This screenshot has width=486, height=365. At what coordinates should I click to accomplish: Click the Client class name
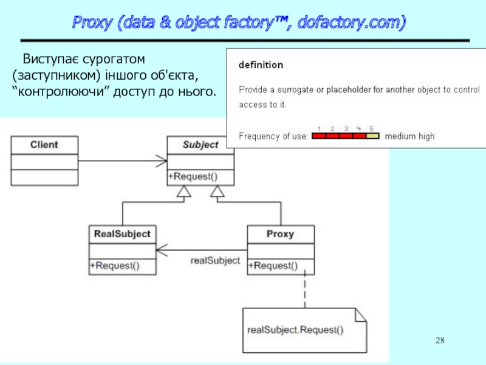(x=44, y=145)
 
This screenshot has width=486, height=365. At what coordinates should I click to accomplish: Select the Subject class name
(x=200, y=145)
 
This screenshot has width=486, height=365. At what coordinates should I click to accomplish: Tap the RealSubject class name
(x=122, y=234)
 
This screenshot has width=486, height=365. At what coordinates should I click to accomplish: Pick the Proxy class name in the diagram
(x=280, y=234)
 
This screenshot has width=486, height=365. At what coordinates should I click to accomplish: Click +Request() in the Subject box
(x=193, y=176)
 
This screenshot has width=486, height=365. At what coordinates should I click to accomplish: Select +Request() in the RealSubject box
(x=115, y=266)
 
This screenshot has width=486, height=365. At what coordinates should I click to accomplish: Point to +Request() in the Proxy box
(x=273, y=266)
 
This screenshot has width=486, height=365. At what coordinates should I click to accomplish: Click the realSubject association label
(x=215, y=260)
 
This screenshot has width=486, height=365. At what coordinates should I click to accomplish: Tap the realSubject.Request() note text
(x=295, y=330)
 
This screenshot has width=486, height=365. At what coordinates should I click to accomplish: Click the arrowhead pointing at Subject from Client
(x=162, y=161)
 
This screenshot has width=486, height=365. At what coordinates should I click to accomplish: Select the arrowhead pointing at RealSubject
(x=162, y=250)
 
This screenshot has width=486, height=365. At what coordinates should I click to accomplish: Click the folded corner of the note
(x=361, y=315)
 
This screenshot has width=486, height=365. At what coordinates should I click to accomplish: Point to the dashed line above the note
(x=305, y=288)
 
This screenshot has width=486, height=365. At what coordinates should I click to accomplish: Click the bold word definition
(x=261, y=65)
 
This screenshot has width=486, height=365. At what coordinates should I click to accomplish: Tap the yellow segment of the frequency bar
(x=372, y=136)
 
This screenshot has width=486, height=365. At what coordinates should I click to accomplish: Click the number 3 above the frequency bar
(x=346, y=128)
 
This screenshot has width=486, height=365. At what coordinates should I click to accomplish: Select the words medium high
(x=409, y=136)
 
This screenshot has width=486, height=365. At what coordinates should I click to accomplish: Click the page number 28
(x=440, y=341)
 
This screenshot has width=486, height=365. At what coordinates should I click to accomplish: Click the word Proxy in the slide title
(x=92, y=23)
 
